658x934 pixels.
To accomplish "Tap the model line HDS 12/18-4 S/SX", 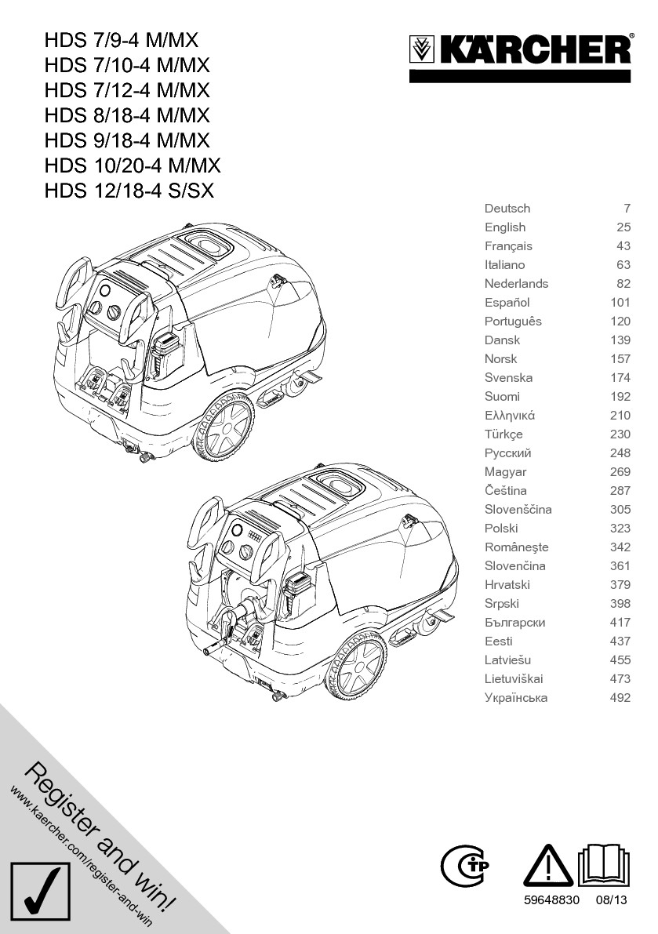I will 129,191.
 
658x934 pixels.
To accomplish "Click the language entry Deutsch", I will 507,209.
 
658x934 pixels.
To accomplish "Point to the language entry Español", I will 507,303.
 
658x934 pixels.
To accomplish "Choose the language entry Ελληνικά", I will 510,416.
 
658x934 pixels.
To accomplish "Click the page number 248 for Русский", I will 620,453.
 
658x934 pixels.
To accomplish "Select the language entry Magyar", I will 506,472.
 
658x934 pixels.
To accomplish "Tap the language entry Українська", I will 516,698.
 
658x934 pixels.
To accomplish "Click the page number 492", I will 620,698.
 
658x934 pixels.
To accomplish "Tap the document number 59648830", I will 551,901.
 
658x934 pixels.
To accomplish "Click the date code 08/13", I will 613,901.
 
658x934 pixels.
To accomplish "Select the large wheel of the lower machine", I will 357,664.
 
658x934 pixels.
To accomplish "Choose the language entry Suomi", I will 502,397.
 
